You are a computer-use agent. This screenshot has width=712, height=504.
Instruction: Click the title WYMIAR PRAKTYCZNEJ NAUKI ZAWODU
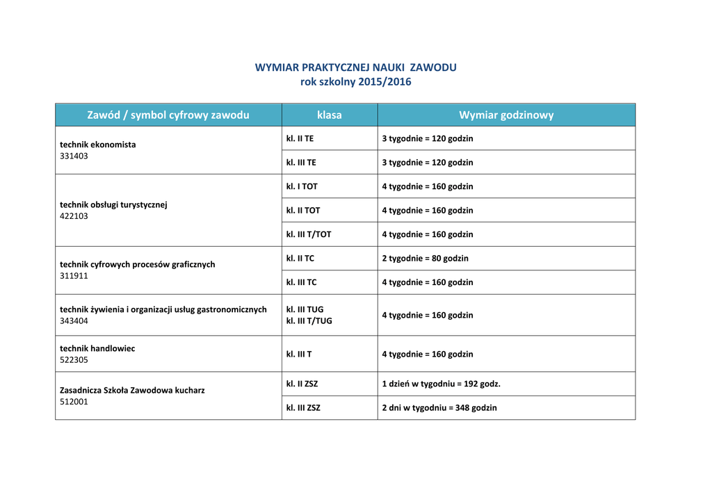tap(355, 67)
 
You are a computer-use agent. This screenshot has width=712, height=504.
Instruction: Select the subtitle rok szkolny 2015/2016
tap(355, 82)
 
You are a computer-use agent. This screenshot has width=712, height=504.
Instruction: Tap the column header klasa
tap(329, 115)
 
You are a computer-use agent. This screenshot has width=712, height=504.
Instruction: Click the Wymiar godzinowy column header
tap(506, 115)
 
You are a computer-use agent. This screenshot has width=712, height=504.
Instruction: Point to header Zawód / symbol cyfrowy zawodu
tap(168, 115)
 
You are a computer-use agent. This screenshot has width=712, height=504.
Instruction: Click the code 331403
tap(74, 156)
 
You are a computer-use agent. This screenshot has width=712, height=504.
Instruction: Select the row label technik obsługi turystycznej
tap(113, 205)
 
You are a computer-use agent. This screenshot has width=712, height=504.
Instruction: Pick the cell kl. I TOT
tap(302, 186)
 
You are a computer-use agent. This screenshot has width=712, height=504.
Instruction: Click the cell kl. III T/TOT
tap(309, 234)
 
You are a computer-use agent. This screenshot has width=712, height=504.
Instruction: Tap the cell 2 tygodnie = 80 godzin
tap(425, 258)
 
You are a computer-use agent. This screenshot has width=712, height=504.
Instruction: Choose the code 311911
tap(74, 276)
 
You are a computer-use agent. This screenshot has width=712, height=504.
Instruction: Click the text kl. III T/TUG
tap(309, 321)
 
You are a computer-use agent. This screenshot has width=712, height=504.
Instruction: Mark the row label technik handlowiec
tap(97, 348)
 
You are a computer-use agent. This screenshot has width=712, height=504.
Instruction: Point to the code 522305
tap(74, 360)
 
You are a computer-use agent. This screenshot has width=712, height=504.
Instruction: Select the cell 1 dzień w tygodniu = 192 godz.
tap(441, 384)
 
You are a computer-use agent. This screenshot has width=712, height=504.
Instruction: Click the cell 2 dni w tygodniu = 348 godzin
tap(439, 408)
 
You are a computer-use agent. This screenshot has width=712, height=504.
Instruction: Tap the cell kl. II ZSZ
tap(302, 384)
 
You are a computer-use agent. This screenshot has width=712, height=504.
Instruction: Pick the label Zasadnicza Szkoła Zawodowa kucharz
tap(132, 390)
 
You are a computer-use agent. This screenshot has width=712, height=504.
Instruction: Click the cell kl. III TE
tap(301, 163)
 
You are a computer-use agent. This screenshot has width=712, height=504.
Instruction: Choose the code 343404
tap(74, 321)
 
